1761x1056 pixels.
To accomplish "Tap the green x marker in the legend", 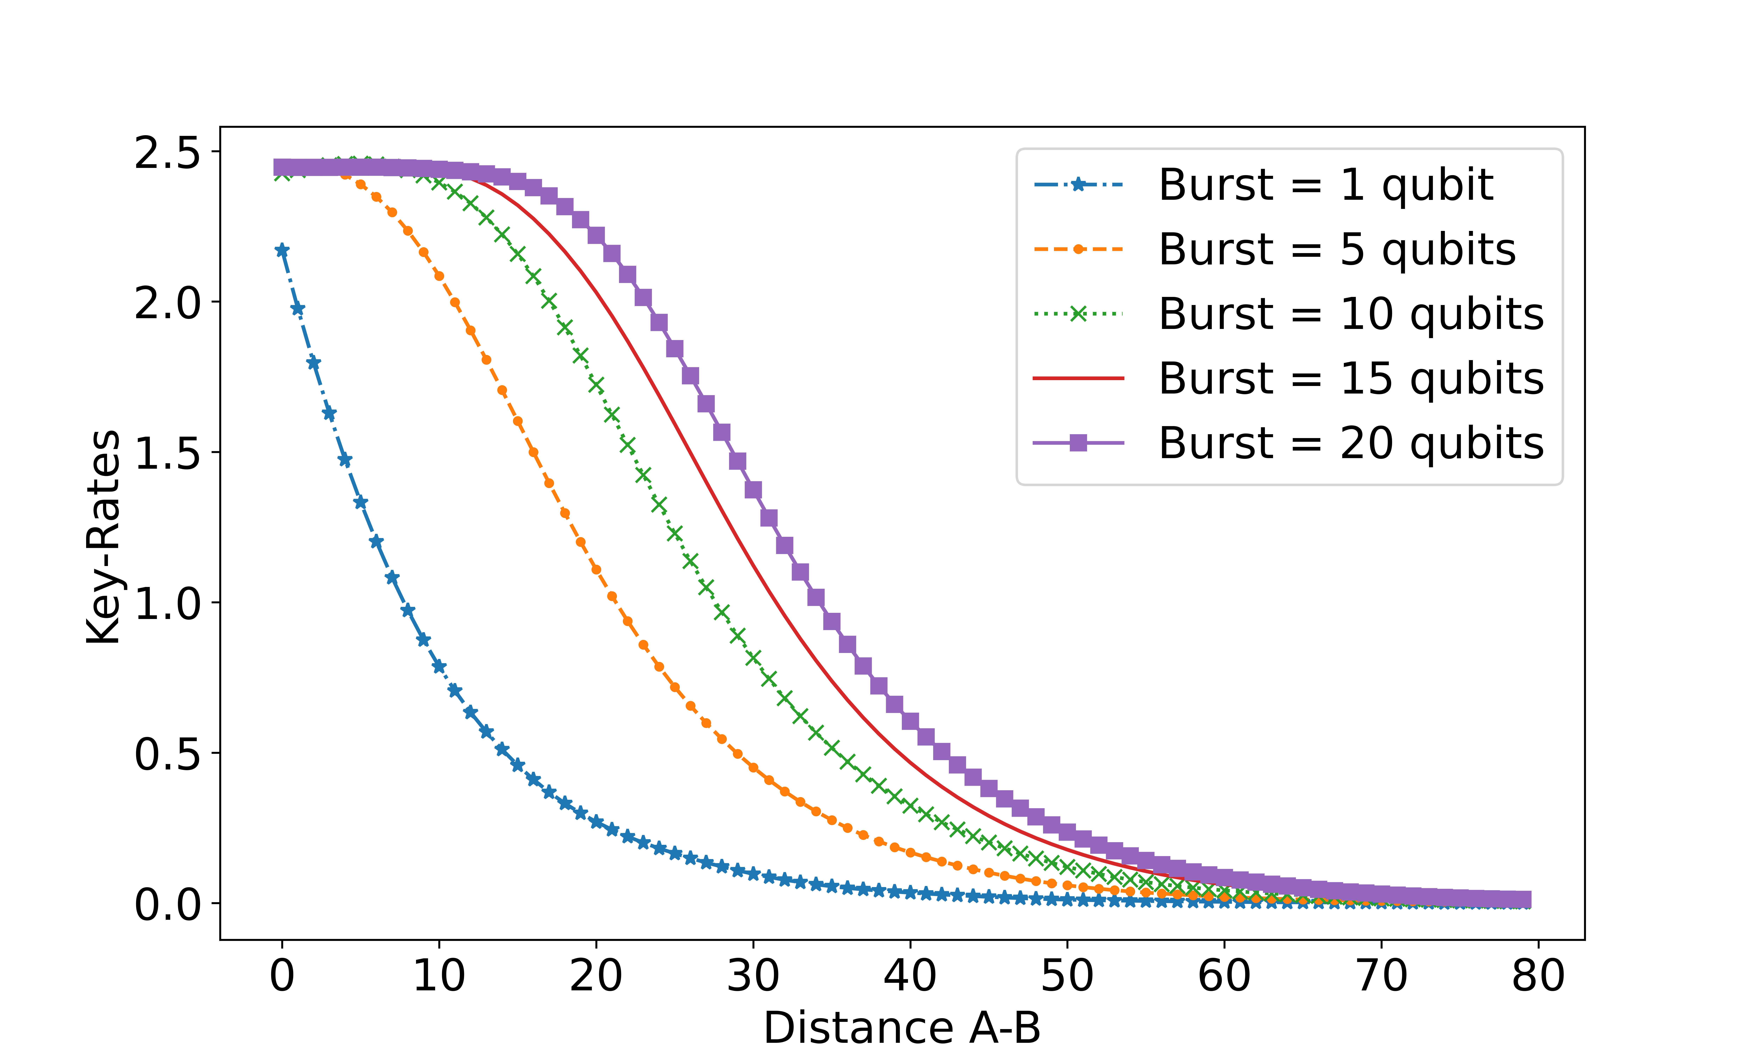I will tap(1078, 314).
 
